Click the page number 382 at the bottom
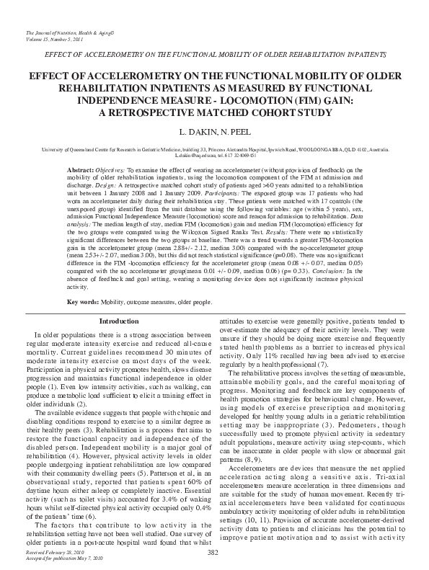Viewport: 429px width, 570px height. (213, 552)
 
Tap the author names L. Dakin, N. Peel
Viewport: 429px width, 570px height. (214, 133)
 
